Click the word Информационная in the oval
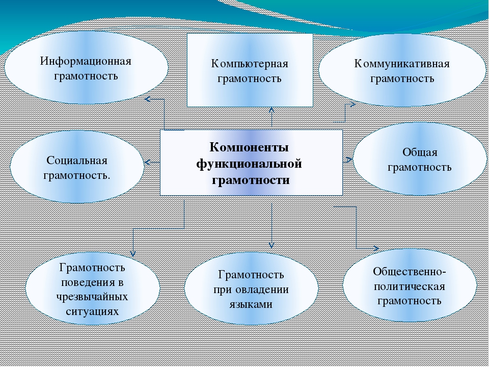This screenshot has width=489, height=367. point(86,61)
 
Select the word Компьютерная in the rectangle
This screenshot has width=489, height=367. point(250,64)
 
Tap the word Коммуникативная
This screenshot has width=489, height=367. point(402,64)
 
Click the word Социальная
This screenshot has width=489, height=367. point(77,161)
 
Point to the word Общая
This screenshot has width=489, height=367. point(420,152)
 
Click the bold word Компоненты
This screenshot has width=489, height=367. point(249,147)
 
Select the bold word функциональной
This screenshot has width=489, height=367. point(249,164)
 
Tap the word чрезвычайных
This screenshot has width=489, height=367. point(92,297)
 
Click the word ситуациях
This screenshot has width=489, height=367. point(92,311)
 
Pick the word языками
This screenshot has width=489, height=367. point(251,304)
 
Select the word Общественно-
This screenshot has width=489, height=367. point(410,271)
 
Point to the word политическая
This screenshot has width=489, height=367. point(410,286)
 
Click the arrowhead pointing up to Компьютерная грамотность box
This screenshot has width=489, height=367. point(271,110)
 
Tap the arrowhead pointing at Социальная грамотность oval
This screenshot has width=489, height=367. point(148,162)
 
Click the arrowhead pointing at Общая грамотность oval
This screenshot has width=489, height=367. point(349,160)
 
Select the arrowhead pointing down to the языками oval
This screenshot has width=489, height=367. point(271,245)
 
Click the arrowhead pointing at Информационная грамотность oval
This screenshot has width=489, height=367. point(148,99)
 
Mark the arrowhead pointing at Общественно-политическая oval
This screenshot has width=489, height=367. point(376,248)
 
